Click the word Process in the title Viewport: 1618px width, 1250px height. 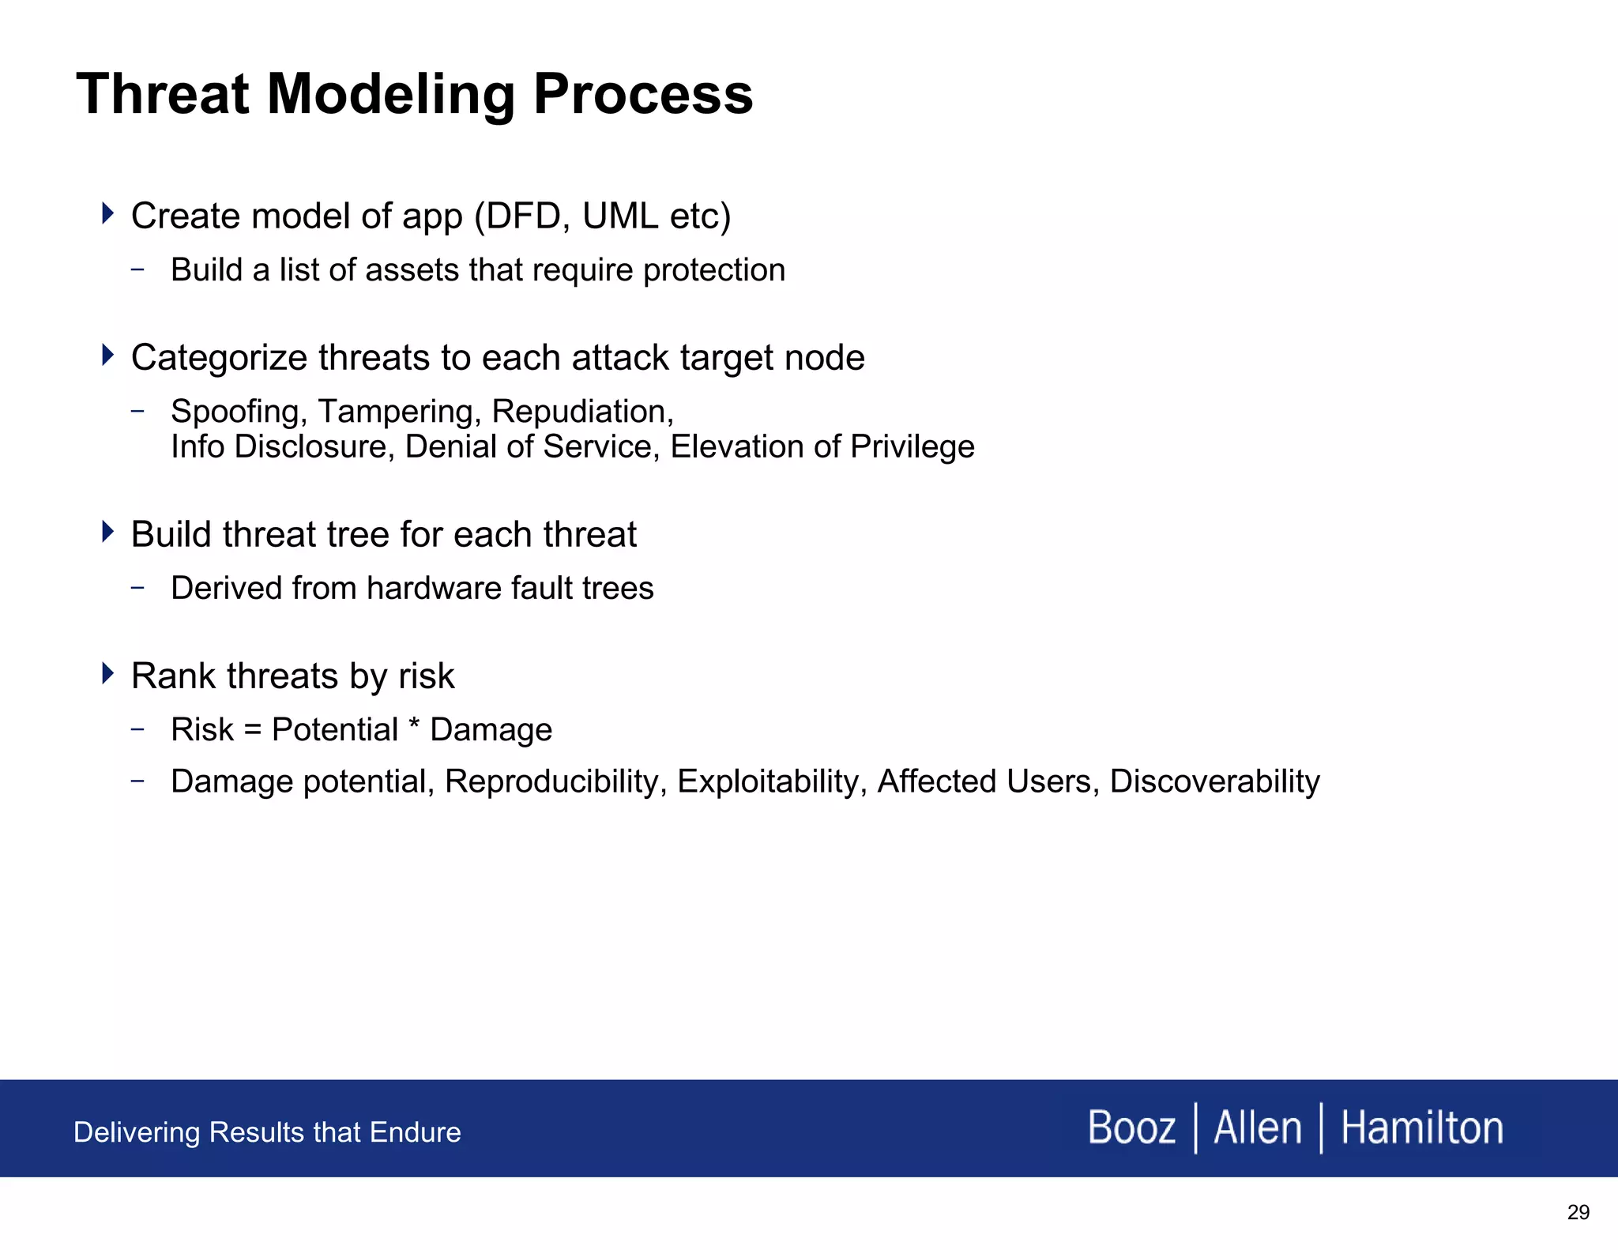coord(643,95)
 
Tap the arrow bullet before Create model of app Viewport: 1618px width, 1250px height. coord(108,213)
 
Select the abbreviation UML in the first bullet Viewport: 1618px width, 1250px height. coord(620,216)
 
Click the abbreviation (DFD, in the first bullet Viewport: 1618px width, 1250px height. coord(522,216)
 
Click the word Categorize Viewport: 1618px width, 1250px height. coord(219,358)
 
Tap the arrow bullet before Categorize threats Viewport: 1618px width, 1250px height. coord(108,355)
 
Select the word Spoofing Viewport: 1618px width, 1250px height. coord(239,412)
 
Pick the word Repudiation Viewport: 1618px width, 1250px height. coord(582,412)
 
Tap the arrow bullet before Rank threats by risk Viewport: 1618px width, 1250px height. coord(108,673)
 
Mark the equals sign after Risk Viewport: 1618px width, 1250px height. coord(253,730)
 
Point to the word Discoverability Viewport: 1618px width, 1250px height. coord(1214,781)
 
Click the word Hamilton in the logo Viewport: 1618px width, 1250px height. coord(1421,1128)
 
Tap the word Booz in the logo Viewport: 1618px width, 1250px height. coord(1131,1128)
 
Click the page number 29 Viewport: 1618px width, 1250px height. coord(1578,1212)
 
